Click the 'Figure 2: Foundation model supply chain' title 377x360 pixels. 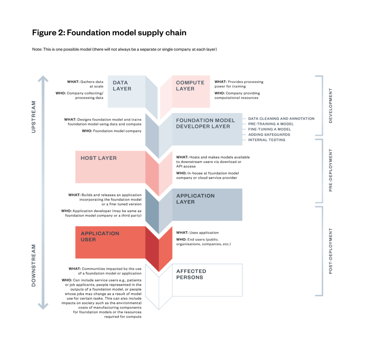coord(109,33)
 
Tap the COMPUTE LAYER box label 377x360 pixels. coord(190,86)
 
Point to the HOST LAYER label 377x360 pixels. coord(99,158)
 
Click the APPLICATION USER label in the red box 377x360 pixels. coord(95,236)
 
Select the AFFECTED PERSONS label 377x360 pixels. coord(191,274)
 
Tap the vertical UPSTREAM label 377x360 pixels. coord(34,117)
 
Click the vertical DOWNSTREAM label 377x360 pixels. coord(34,265)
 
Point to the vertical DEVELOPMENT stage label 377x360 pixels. coord(330,105)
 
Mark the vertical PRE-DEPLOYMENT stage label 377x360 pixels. coord(330,170)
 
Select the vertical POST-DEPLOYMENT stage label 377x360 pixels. coord(330,251)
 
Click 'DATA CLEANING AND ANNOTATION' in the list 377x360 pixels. coord(281,119)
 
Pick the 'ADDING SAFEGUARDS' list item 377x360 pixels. coord(269,135)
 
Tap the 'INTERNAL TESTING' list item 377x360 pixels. coord(267,140)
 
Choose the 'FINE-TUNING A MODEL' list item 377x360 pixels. coord(269,129)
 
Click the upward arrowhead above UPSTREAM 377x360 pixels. coord(43,79)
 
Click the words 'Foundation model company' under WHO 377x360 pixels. coord(117,131)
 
